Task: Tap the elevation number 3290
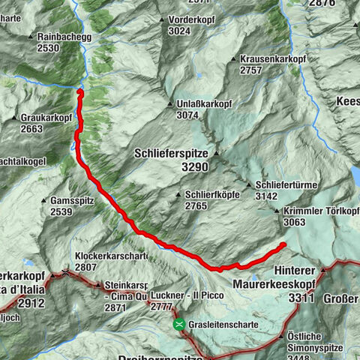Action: [196, 168]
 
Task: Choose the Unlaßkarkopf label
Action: [204, 104]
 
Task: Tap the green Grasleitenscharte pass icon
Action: [179, 325]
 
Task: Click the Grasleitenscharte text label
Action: [225, 325]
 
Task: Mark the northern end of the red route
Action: [80, 91]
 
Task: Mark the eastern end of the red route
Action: [284, 245]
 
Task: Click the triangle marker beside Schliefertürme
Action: [249, 184]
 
